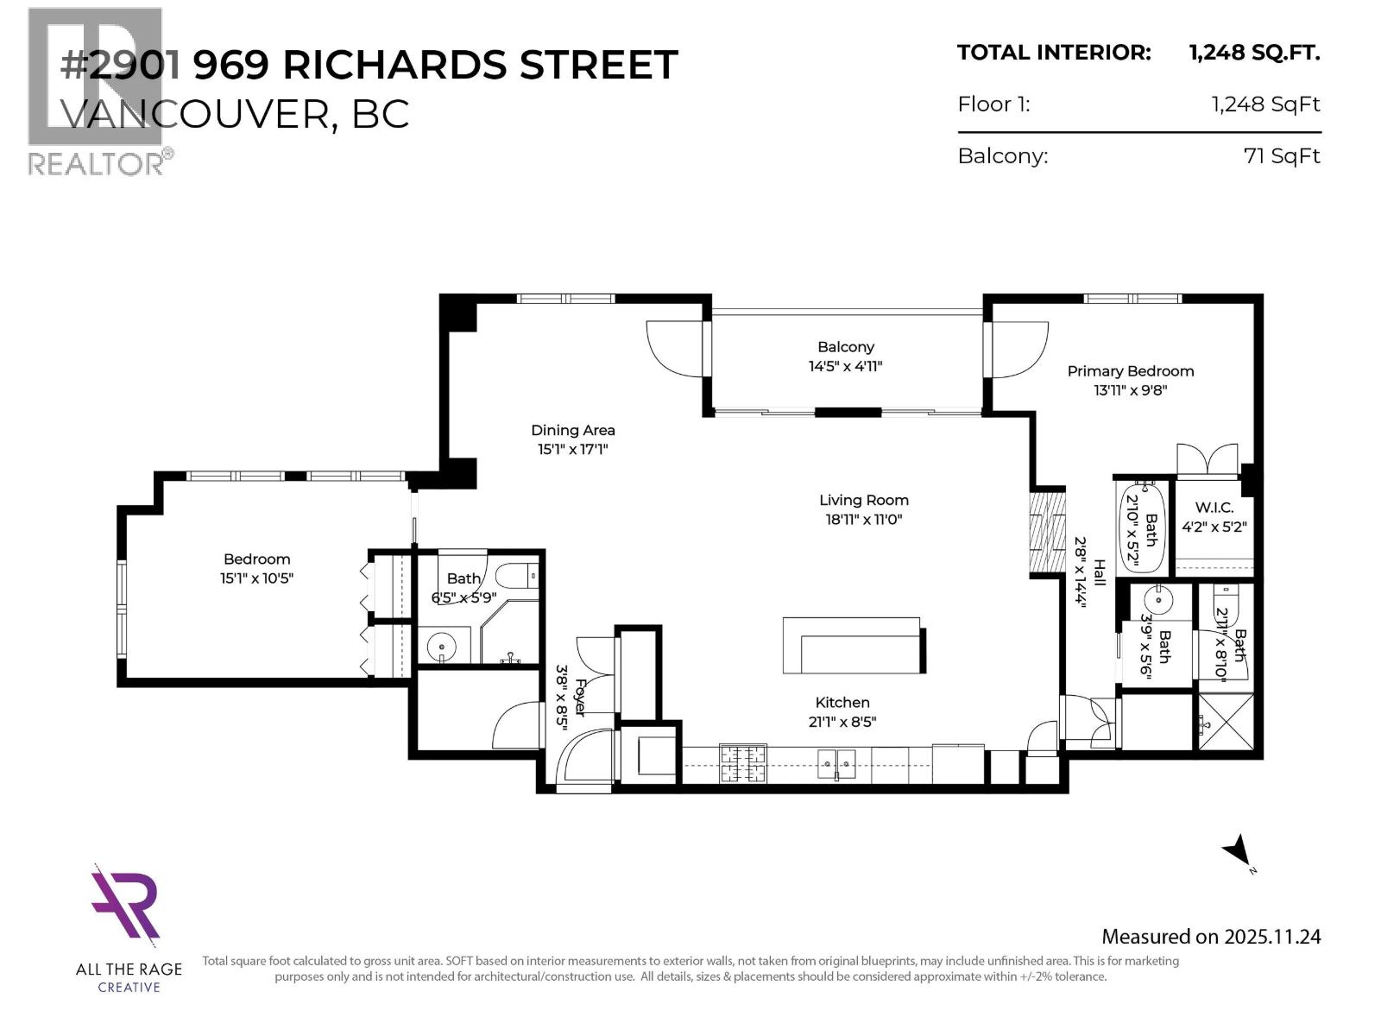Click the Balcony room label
[845, 347]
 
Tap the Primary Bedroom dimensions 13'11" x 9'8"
[1130, 390]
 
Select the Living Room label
[863, 500]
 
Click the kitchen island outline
[852, 645]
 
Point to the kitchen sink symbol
[836, 763]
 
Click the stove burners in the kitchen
[743, 763]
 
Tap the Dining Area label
[572, 430]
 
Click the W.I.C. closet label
[1214, 508]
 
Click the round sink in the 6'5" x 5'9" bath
[442, 645]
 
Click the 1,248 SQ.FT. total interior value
[1253, 53]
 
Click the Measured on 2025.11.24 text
[1210, 937]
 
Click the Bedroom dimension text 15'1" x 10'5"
[256, 578]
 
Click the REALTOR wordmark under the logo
[97, 163]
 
